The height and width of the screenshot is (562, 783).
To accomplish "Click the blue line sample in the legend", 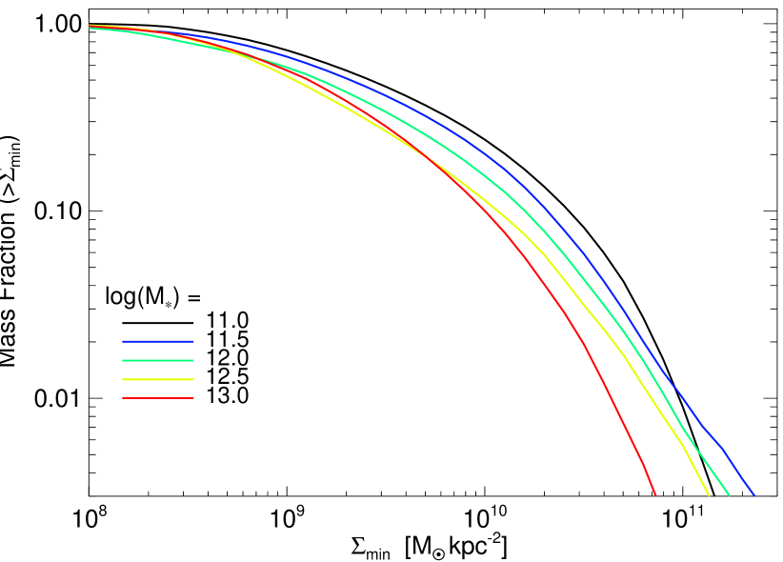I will click(158, 341).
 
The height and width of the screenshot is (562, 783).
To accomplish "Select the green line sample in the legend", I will click(158, 360).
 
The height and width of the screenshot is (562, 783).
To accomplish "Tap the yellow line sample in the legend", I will click(158, 379).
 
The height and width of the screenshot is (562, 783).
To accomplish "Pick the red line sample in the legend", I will click(158, 398).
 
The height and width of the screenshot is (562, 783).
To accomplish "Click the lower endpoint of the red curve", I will click(655, 494).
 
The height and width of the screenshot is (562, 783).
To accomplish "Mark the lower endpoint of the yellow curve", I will click(709, 494).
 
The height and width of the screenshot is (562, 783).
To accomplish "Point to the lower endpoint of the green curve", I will click(729, 494).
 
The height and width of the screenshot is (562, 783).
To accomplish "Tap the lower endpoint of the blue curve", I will click(753, 494).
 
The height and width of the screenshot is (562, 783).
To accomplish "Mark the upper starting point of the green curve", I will click(90, 28).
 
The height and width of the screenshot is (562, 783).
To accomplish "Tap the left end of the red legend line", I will click(123, 398).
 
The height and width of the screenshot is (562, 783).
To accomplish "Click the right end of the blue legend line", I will click(193, 341).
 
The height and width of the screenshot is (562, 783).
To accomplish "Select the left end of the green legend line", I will click(123, 360).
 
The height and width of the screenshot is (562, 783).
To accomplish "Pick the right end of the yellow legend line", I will click(193, 379).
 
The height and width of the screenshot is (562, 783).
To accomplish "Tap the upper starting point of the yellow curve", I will click(90, 26).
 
